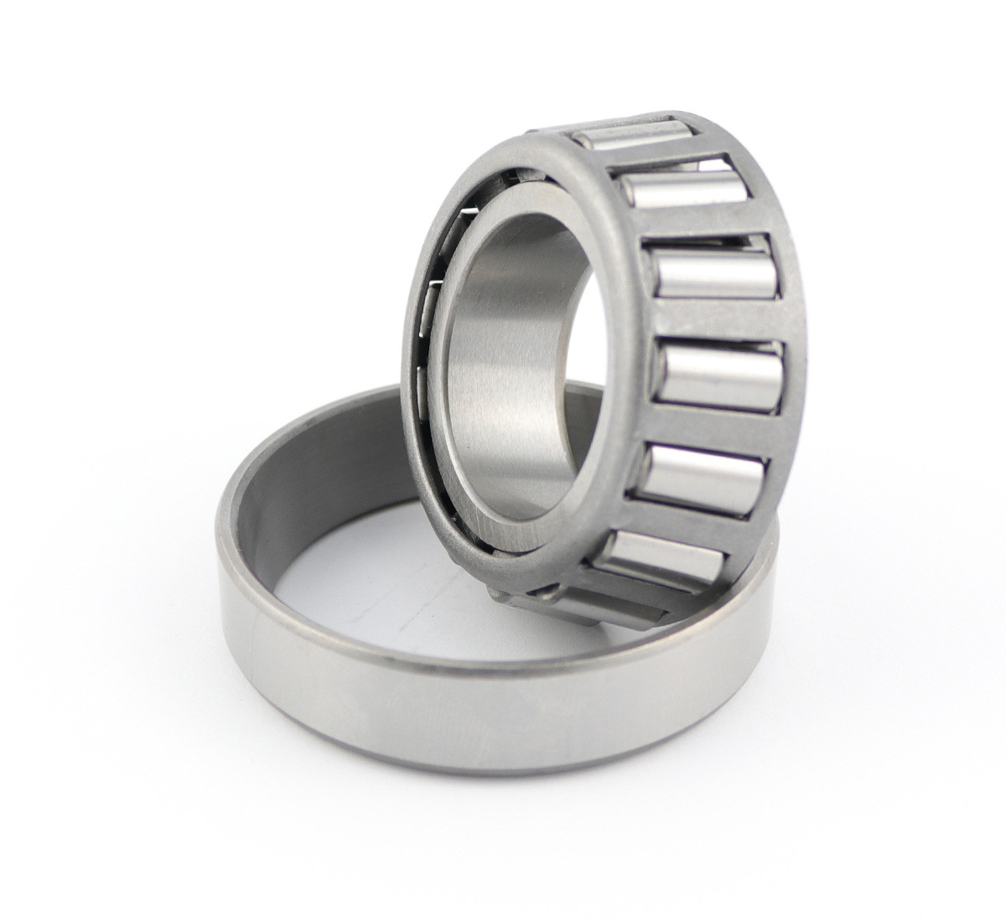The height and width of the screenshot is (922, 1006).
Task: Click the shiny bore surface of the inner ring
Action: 503,352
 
